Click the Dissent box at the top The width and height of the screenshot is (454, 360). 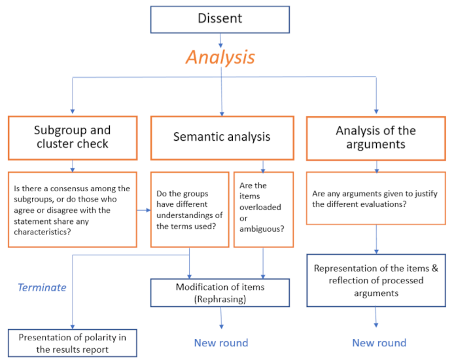click(x=220, y=19)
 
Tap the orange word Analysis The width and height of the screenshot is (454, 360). click(x=220, y=57)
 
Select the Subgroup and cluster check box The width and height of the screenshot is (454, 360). click(x=72, y=137)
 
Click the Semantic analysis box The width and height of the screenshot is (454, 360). click(x=221, y=137)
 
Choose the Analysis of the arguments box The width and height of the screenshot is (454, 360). click(x=375, y=137)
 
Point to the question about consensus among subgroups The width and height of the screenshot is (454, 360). click(x=72, y=209)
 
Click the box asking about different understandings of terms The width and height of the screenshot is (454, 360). click(x=190, y=209)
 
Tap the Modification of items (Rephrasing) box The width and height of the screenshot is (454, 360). click(x=220, y=293)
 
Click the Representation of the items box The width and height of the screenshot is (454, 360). click(x=375, y=280)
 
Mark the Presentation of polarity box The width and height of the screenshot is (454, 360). click(x=72, y=343)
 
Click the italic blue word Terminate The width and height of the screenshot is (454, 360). click(x=42, y=287)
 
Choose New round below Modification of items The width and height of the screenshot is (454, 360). click(x=221, y=343)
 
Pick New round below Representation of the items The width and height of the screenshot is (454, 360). click(x=379, y=343)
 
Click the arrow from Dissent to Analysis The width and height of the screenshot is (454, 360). click(x=220, y=40)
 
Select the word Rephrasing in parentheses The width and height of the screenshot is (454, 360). click(x=220, y=299)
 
